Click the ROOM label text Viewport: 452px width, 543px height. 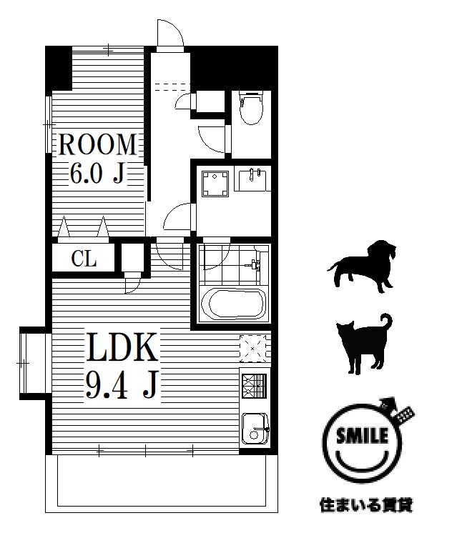(97, 145)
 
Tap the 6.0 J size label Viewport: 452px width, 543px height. (97, 173)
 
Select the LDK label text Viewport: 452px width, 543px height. (122, 348)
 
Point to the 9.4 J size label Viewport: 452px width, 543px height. (122, 384)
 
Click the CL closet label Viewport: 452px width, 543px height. (84, 259)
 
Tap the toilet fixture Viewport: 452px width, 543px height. (252, 108)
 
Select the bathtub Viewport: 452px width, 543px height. (234, 304)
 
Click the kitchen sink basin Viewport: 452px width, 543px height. (255, 428)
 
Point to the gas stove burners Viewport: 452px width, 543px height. (255, 387)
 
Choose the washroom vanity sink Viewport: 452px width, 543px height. (252, 179)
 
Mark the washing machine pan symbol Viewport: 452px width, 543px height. (215, 183)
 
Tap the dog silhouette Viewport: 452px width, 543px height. (362, 266)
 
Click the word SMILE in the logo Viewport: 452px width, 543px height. (362, 436)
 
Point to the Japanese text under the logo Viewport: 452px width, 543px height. (366, 505)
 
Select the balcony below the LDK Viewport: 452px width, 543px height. (162, 482)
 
